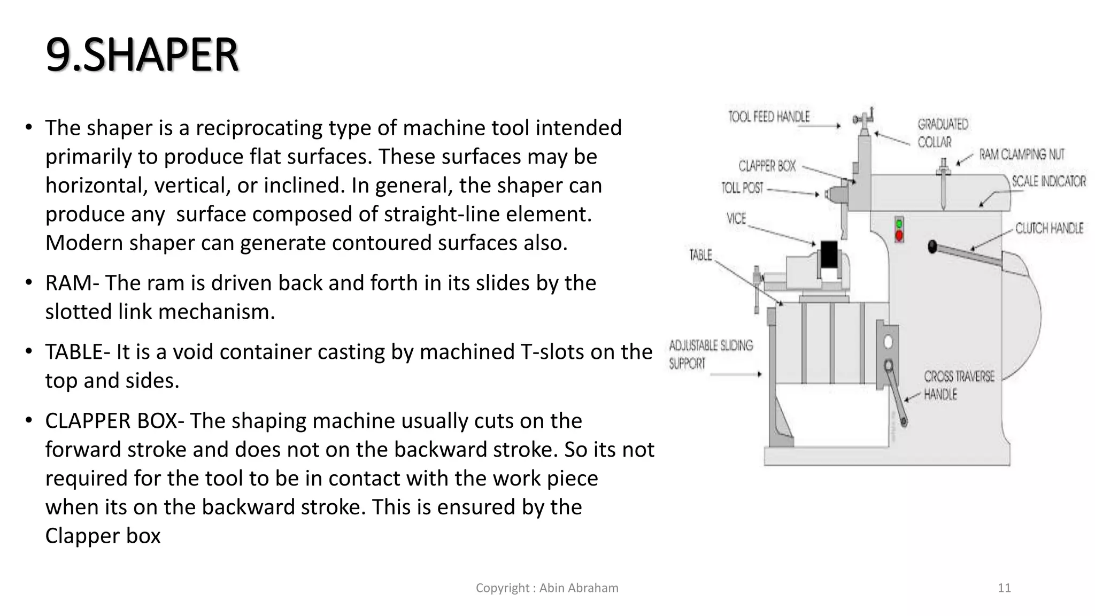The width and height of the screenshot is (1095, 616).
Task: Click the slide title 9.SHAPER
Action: (x=142, y=55)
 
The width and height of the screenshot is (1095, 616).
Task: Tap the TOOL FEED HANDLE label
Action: (x=769, y=117)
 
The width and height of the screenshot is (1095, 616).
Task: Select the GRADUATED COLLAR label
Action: (x=943, y=133)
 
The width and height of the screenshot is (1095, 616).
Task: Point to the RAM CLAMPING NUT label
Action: (x=1022, y=155)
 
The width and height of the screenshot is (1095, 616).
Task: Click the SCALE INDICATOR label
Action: (x=1048, y=181)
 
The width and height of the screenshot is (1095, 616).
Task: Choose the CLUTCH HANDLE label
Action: (x=1049, y=228)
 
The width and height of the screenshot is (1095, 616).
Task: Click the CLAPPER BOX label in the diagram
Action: (x=767, y=166)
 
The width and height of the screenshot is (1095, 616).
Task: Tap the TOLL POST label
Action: (x=742, y=188)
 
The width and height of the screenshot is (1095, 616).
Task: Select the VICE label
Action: (x=736, y=218)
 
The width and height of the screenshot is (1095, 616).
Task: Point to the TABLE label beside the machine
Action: (x=700, y=255)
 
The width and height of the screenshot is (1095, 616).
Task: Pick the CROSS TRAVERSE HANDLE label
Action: (x=959, y=385)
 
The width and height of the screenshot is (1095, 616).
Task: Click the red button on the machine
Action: (x=899, y=235)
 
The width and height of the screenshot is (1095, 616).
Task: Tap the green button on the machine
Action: (x=899, y=224)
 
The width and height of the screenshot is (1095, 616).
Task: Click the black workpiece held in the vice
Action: (x=829, y=255)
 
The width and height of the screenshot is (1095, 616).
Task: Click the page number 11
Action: (x=1004, y=588)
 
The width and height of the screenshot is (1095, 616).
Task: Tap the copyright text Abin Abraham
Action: (x=547, y=588)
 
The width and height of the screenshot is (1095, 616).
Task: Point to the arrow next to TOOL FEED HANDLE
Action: (x=826, y=126)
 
